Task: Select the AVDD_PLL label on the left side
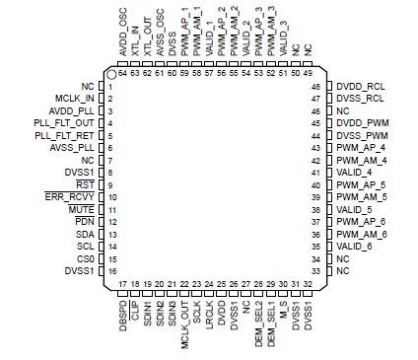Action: point(73,111)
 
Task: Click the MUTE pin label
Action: point(81,209)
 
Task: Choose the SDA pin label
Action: point(84,233)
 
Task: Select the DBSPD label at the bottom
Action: point(123,318)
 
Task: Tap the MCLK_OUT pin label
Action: point(183,323)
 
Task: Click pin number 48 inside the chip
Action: point(316,88)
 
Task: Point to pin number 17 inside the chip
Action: point(123,285)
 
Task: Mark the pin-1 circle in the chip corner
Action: point(112,74)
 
